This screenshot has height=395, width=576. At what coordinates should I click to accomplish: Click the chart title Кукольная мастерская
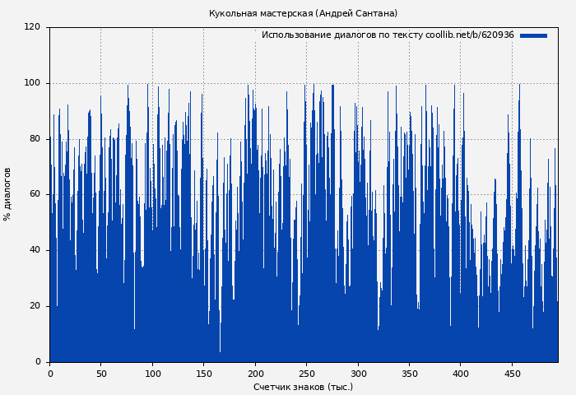pos(303,13)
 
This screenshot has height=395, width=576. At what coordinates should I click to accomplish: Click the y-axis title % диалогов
pos(7,194)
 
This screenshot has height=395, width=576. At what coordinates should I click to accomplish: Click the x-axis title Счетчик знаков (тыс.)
pos(303,387)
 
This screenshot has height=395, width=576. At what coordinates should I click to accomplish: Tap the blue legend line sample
pos(533,35)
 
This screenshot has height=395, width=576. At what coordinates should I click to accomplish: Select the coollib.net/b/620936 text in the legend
pos(470,35)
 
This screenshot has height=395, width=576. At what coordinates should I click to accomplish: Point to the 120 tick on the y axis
pos(32,27)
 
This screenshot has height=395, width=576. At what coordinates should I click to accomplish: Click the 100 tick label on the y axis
pos(32,83)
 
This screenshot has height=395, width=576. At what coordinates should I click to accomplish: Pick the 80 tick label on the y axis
pos(35,139)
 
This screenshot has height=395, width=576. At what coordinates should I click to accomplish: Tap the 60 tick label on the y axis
pos(35,194)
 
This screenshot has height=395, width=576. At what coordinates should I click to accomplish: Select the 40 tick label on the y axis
pos(35,250)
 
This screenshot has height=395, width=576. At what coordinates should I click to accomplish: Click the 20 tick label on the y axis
pos(35,306)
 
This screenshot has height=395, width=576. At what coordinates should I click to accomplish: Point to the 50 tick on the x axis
pos(101,374)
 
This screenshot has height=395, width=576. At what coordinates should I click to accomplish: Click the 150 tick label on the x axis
pos(204,374)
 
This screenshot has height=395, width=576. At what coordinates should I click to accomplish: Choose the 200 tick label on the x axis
pos(255,374)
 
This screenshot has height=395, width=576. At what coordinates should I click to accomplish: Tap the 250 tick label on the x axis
pos(307,374)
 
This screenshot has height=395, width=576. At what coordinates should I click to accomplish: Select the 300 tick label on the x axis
pos(358,374)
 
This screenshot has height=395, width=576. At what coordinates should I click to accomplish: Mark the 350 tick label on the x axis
pos(410,374)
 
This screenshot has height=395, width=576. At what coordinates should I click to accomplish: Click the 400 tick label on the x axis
pos(461,374)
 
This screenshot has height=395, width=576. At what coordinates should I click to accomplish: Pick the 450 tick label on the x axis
pos(513,374)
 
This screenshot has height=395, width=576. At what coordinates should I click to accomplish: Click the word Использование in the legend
pos(294,35)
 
